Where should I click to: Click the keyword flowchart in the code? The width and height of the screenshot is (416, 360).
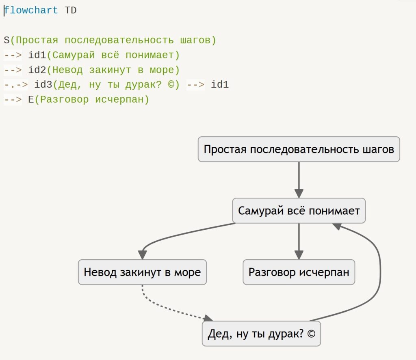(x=31, y=10)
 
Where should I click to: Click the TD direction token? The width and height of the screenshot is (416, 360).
(x=71, y=10)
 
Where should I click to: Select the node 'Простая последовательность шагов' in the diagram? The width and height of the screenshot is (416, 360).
(x=299, y=149)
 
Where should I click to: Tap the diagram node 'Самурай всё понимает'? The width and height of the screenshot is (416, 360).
(x=299, y=211)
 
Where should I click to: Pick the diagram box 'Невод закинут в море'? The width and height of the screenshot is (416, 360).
(x=142, y=272)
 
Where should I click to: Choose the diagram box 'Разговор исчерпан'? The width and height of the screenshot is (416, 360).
(x=299, y=272)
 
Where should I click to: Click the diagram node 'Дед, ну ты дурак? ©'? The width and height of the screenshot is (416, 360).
(x=261, y=334)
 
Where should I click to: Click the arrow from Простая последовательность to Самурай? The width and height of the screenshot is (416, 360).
(x=299, y=180)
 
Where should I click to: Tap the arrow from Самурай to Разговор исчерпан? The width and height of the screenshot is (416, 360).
(x=299, y=241)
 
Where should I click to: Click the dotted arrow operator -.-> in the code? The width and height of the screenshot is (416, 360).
(x=16, y=85)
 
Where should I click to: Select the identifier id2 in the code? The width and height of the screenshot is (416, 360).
(x=37, y=70)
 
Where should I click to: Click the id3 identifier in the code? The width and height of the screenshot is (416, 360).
(x=43, y=84)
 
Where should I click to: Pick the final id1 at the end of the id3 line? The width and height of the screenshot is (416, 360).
(x=220, y=84)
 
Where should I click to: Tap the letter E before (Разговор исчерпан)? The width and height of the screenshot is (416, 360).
(x=31, y=100)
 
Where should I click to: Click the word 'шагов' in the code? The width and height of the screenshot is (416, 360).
(x=195, y=40)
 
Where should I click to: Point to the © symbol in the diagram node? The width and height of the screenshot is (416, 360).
(x=311, y=334)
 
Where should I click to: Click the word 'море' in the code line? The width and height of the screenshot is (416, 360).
(x=162, y=70)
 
